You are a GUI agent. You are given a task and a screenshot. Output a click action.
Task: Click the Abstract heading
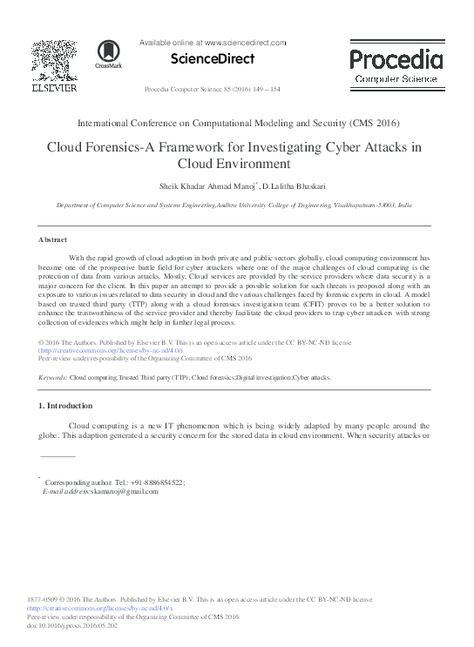point(54,239)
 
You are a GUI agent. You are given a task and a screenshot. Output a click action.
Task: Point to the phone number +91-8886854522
point(152,482)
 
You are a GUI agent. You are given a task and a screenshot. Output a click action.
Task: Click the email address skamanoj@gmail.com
point(108,491)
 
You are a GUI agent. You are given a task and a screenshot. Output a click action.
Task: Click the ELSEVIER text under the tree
point(53,88)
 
